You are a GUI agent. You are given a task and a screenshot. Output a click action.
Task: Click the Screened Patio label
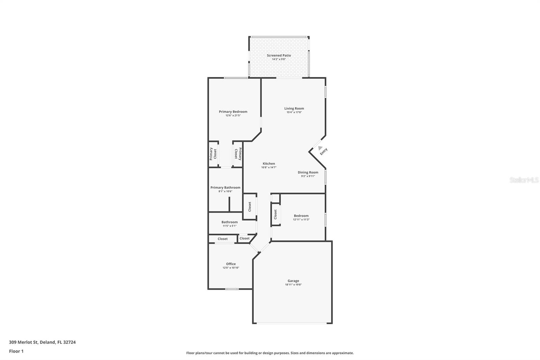click(x=279, y=55)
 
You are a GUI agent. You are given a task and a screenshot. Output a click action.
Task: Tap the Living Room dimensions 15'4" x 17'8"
click(x=294, y=112)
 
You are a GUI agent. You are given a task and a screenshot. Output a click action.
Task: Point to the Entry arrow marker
click(x=320, y=148)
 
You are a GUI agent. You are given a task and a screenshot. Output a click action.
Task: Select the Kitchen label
click(x=269, y=163)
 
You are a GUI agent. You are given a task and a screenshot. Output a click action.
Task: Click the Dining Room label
click(x=308, y=172)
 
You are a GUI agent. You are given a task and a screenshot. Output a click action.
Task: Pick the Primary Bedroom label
click(x=233, y=112)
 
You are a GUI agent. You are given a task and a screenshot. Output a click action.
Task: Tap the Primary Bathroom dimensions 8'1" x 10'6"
click(x=225, y=191)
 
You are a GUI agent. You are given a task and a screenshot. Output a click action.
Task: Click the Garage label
click(x=293, y=281)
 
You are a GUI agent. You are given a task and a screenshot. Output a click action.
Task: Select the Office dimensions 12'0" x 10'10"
click(x=231, y=268)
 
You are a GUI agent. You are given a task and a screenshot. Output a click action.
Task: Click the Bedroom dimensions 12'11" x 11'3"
click(x=301, y=220)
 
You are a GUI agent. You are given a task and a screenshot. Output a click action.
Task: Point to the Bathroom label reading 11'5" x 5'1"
click(x=230, y=224)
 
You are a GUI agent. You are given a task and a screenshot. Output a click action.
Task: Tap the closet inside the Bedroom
click(x=276, y=214)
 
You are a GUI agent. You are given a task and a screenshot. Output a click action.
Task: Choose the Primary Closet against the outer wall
click(x=213, y=154)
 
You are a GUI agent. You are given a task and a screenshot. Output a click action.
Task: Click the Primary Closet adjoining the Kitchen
click(x=238, y=154)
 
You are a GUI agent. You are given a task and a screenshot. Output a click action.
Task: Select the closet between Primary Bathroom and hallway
click(x=250, y=206)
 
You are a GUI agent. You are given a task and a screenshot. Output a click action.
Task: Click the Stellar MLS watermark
click(x=524, y=180)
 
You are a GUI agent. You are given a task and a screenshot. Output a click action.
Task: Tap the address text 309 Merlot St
click(x=42, y=342)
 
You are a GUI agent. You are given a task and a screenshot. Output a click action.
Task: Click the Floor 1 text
click(x=16, y=351)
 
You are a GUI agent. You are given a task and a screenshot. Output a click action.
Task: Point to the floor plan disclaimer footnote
click(x=270, y=353)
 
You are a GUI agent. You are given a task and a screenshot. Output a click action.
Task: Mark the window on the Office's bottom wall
click(x=232, y=289)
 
